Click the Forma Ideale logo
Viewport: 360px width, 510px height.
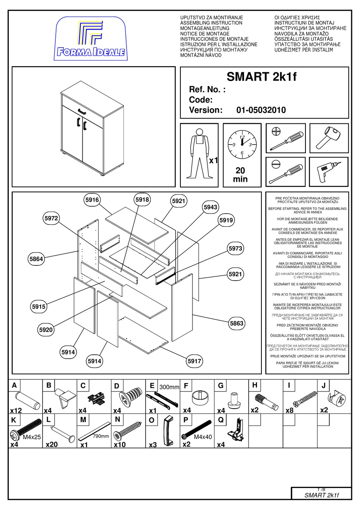tap(91, 39)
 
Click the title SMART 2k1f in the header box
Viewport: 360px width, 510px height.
tap(261, 77)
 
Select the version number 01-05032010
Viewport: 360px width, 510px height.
tap(261, 110)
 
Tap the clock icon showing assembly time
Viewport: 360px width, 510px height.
tap(242, 145)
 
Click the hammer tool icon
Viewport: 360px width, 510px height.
tap(329, 138)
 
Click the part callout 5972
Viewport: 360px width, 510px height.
tap(51, 218)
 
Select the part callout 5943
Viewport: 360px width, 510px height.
tap(210, 207)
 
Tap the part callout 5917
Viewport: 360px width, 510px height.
tap(194, 361)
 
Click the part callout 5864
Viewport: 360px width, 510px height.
tap(36, 259)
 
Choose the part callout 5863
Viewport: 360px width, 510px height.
tap(236, 323)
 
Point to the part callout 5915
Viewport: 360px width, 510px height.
tap(38, 307)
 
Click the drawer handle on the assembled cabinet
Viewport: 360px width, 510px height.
tap(82, 111)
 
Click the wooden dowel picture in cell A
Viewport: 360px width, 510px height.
tap(27, 400)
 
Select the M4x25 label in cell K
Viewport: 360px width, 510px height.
tap(32, 437)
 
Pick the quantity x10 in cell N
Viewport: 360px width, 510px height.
tap(120, 444)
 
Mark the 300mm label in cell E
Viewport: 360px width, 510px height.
tap(169, 387)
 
